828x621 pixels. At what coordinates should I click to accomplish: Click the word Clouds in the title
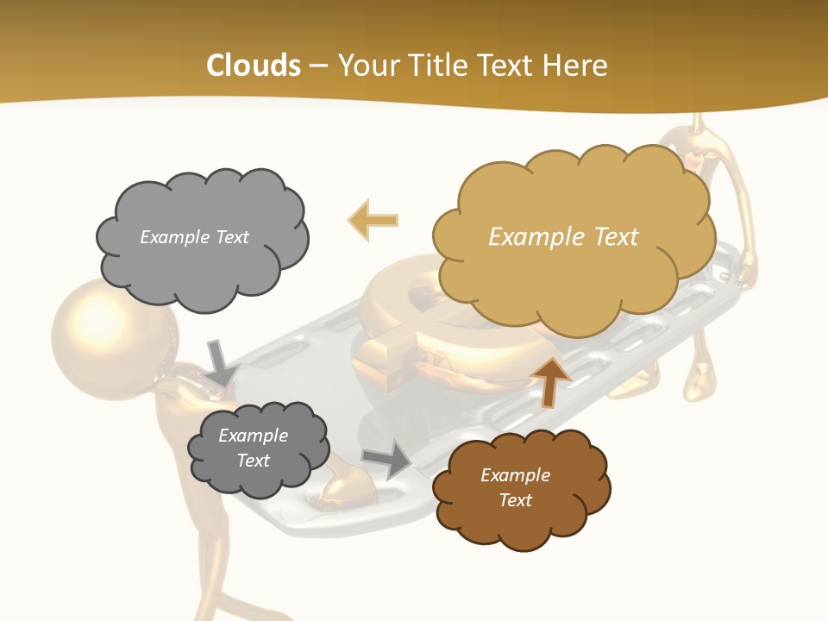[254, 66]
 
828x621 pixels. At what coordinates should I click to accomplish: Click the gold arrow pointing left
[373, 221]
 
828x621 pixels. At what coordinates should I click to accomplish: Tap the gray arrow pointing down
[221, 362]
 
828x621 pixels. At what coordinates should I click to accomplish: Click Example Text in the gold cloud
[563, 237]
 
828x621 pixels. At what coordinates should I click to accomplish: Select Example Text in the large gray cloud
[194, 237]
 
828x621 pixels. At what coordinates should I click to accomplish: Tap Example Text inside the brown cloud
[515, 487]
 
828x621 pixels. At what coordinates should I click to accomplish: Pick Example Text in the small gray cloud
[253, 448]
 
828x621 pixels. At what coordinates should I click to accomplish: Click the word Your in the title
[367, 66]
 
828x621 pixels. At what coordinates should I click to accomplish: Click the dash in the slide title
[318, 66]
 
